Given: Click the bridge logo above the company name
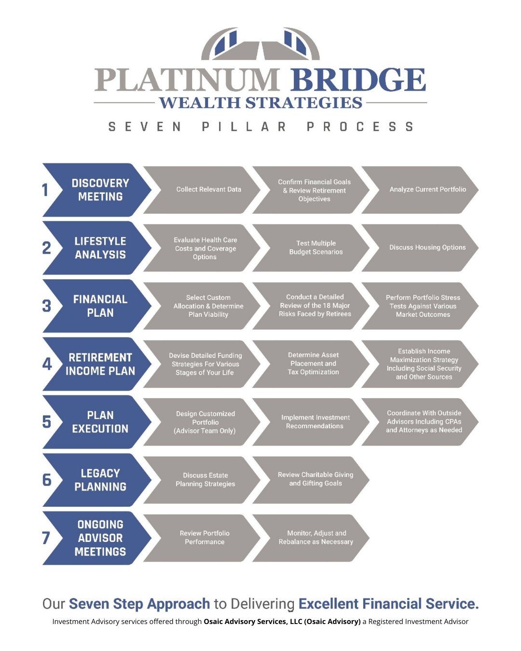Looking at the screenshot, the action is coord(260,44).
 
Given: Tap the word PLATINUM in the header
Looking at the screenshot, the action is coord(187,79).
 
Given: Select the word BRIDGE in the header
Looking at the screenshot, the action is coord(358,79).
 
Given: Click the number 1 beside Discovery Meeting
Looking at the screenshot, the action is coord(45,190).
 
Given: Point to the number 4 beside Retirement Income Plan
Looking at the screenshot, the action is coord(47,364).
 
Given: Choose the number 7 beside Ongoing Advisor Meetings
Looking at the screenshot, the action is coord(46,538).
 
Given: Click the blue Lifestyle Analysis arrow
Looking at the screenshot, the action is coord(97,248).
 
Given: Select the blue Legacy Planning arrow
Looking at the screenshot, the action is coord(97,480).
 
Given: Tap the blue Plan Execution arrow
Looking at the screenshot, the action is coord(97,422).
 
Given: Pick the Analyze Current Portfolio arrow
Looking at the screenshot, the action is coord(420,190).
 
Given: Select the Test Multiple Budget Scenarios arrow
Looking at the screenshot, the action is coord(311,248).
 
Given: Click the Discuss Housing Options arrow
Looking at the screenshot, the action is coord(420,248).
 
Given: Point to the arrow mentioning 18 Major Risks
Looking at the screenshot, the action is coord(311,306).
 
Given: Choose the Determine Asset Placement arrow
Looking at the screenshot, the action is coord(311,364).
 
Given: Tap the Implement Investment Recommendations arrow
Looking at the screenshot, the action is coord(311,422).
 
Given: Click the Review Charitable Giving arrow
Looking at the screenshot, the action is coord(311,480).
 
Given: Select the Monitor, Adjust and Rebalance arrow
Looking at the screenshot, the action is coord(311,538).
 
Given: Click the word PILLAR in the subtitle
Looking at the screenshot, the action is coord(244,127).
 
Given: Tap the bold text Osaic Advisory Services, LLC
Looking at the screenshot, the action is coord(253,622).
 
